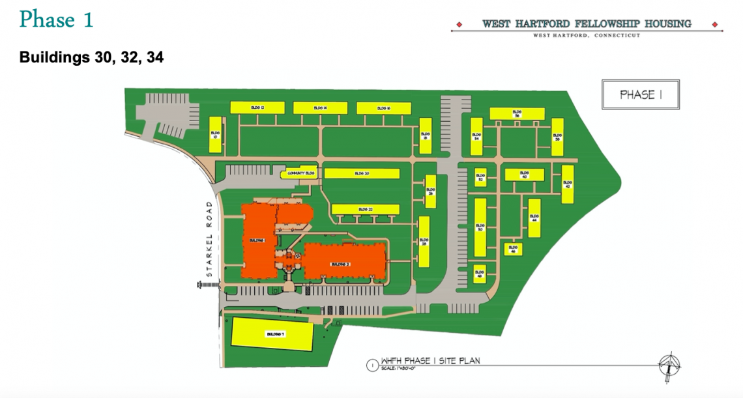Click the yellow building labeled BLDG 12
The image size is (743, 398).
click(x=257, y=107)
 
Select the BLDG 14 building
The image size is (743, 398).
click(x=320, y=107)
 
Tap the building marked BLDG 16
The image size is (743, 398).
click(x=383, y=108)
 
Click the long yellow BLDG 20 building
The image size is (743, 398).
click(x=362, y=173)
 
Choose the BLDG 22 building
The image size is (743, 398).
click(x=365, y=209)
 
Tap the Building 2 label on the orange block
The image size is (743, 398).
click(x=341, y=264)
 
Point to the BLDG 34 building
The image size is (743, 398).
click(x=476, y=137)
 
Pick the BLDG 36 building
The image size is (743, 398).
click(x=517, y=113)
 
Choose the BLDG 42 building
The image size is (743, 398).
click(x=568, y=184)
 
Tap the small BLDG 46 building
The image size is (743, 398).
click(x=513, y=249)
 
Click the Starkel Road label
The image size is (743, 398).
click(x=209, y=238)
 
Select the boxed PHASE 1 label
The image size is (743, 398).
click(x=641, y=94)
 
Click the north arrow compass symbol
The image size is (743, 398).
click(x=670, y=364)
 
